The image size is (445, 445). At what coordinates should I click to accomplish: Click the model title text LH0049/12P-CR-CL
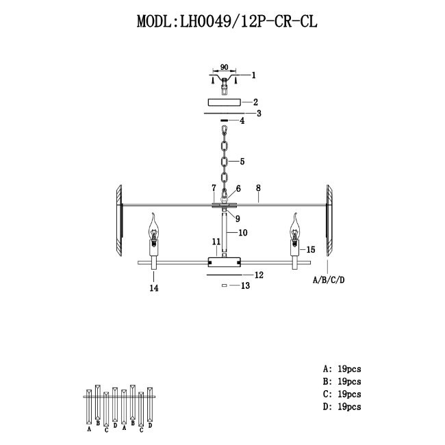[x=249, y=21]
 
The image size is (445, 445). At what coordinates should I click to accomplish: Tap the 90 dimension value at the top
[x=224, y=67]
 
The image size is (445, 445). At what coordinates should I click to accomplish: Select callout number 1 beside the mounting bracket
[x=254, y=75]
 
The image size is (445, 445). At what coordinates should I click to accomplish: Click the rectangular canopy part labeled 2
[x=224, y=102]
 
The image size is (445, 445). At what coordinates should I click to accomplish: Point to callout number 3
[x=259, y=114]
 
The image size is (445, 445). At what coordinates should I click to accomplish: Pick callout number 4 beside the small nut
[x=242, y=121]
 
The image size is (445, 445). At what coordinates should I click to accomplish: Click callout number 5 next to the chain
[x=242, y=162]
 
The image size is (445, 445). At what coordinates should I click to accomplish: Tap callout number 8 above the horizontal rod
[x=258, y=188]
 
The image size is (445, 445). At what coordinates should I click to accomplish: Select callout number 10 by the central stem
[x=243, y=233]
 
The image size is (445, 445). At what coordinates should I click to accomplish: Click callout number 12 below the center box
[x=259, y=275]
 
